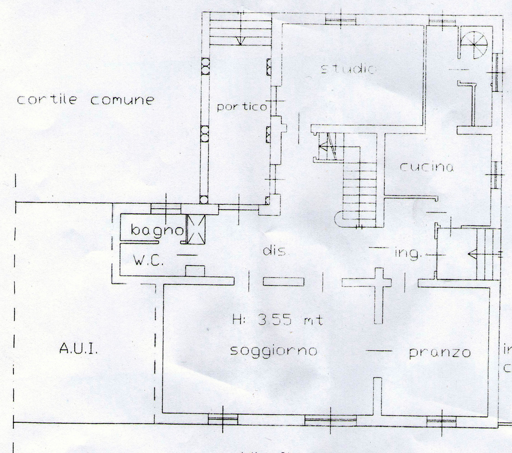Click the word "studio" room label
(348, 69)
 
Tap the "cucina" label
(427, 167)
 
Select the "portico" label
(242, 107)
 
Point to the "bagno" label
(157, 230)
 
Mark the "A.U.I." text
(78, 349)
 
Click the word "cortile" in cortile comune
(47, 100)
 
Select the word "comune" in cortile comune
(122, 100)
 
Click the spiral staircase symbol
(474, 45)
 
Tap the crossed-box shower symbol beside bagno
(196, 229)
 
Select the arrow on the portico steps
(240, 41)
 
